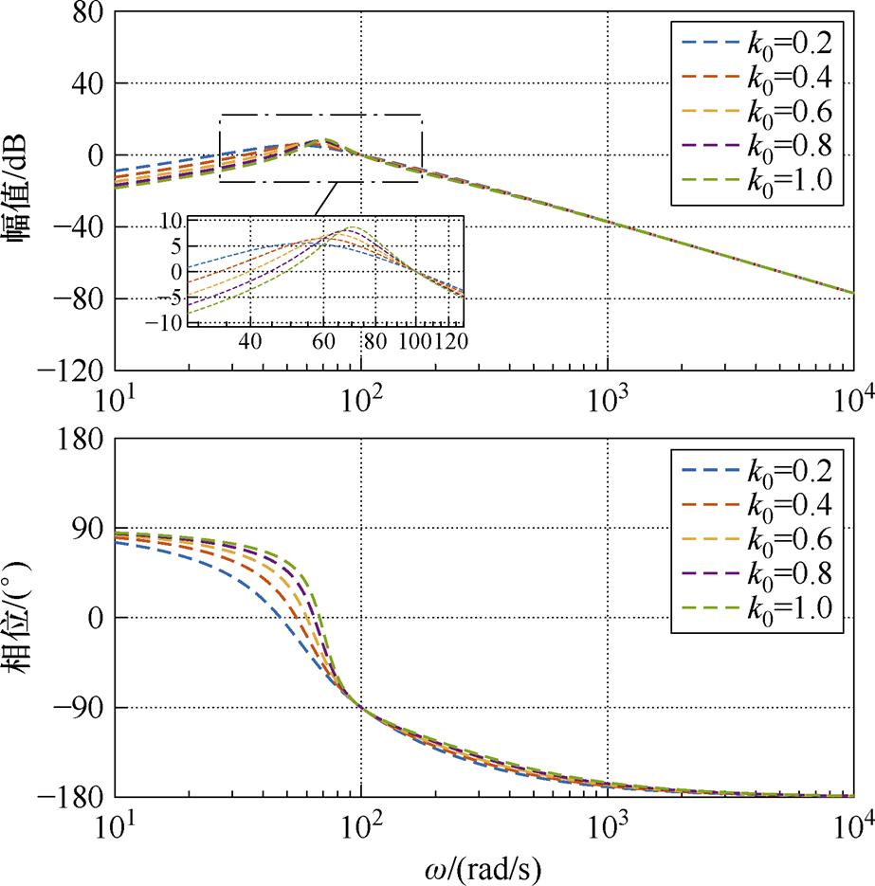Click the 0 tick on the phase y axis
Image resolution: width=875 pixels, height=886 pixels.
(x=93, y=618)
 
